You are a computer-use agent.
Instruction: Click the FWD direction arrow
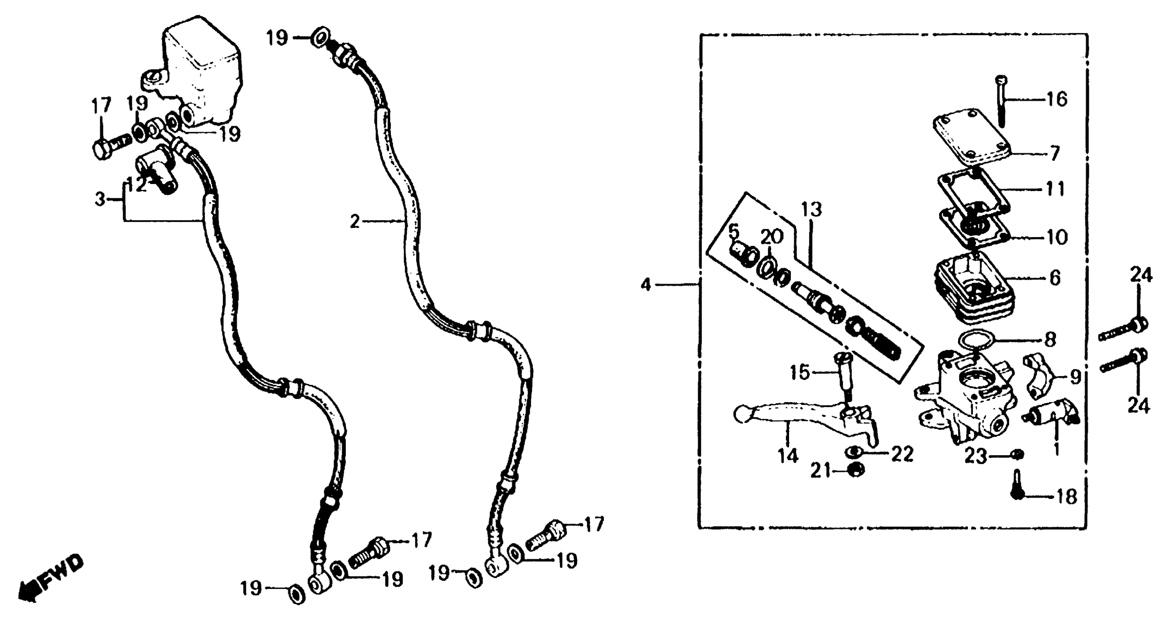click(x=50, y=582)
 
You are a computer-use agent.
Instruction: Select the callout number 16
click(x=1057, y=99)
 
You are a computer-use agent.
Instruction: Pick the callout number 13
click(x=811, y=209)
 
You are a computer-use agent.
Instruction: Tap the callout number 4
click(x=646, y=285)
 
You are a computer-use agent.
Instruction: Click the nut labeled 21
click(x=856, y=469)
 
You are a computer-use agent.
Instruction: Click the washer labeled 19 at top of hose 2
click(x=320, y=37)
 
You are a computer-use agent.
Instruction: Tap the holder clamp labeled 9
click(x=1040, y=376)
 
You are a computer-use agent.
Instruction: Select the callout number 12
click(x=136, y=184)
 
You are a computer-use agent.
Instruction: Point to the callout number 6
click(x=1055, y=278)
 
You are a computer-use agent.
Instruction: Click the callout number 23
click(x=976, y=457)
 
